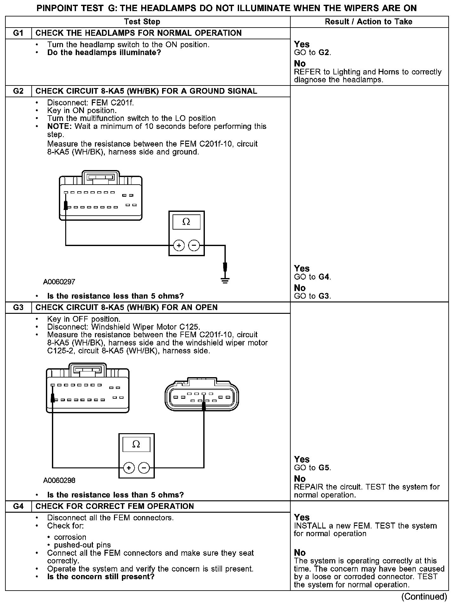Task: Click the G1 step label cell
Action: (x=18, y=33)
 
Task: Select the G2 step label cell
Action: (x=18, y=91)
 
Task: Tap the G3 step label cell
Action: (x=18, y=307)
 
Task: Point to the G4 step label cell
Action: (x=18, y=506)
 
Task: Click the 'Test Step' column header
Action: (x=142, y=22)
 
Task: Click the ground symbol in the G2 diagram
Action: (x=225, y=280)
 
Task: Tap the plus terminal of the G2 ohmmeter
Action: (x=179, y=245)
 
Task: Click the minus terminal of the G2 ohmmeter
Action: (x=194, y=245)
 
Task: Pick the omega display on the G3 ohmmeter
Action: (x=136, y=444)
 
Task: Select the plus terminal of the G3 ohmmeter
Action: (x=129, y=468)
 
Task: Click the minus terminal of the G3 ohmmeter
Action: (x=144, y=468)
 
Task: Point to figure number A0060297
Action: (x=59, y=282)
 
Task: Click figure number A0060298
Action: (x=59, y=480)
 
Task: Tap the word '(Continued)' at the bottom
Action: (x=424, y=597)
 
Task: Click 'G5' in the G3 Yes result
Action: (x=324, y=468)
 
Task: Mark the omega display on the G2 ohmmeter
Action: (x=186, y=222)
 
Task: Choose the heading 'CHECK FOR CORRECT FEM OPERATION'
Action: (x=115, y=506)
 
